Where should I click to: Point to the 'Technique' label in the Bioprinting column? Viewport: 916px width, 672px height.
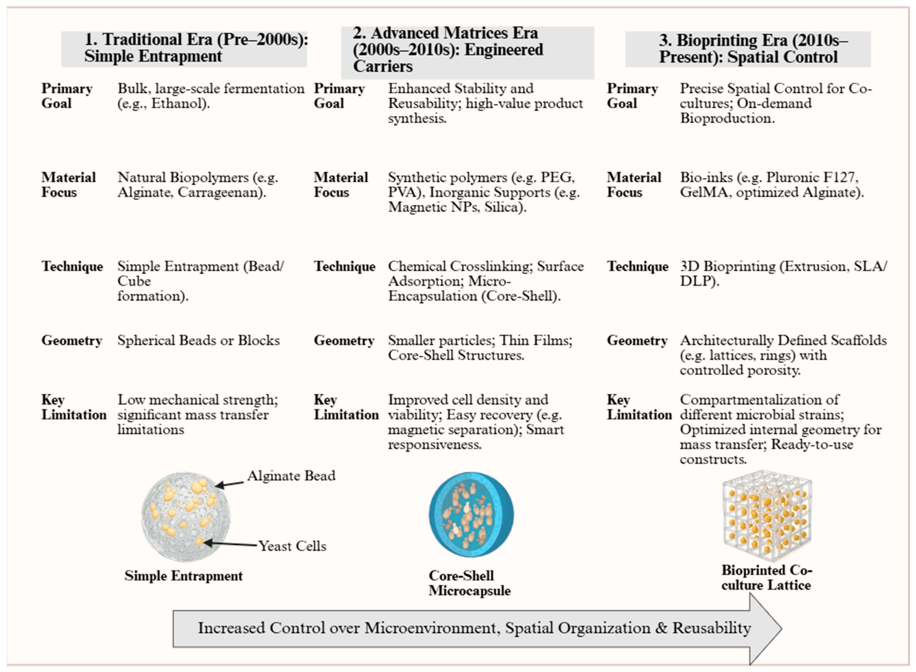click(x=637, y=267)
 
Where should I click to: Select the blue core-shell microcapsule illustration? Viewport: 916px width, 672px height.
click(x=471, y=515)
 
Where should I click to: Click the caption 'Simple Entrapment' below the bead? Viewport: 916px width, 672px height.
click(x=183, y=576)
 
